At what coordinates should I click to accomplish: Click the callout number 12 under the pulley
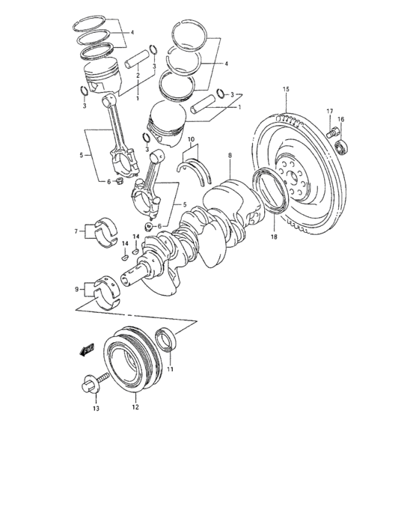[x=135, y=409]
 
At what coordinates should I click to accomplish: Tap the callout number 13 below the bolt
[x=96, y=409]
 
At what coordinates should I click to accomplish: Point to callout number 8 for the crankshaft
[x=230, y=156]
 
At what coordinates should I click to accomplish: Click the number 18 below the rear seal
[x=274, y=237]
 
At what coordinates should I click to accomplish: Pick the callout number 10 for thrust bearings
[x=191, y=140]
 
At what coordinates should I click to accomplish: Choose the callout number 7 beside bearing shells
[x=76, y=232]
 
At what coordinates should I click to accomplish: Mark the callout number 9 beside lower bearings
[x=76, y=288]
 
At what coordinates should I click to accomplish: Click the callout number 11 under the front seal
[x=170, y=369]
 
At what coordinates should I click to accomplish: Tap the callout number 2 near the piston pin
[x=138, y=75]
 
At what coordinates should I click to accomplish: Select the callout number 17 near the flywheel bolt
[x=328, y=112]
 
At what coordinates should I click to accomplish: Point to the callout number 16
[x=340, y=120]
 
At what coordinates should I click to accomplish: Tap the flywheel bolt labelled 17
[x=331, y=133]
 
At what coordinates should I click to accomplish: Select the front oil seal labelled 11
[x=166, y=341]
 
